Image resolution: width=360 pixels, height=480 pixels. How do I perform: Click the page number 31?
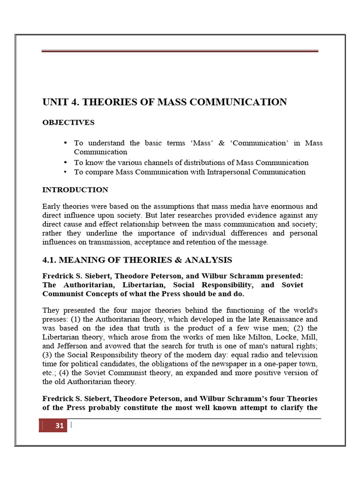[x=59, y=426]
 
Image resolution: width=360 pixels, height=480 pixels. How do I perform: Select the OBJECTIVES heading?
[x=68, y=123]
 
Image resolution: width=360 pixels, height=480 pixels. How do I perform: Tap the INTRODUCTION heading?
[x=75, y=190]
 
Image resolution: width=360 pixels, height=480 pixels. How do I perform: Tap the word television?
[x=299, y=355]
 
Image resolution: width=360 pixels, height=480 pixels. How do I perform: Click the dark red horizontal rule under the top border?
[x=180, y=51]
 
